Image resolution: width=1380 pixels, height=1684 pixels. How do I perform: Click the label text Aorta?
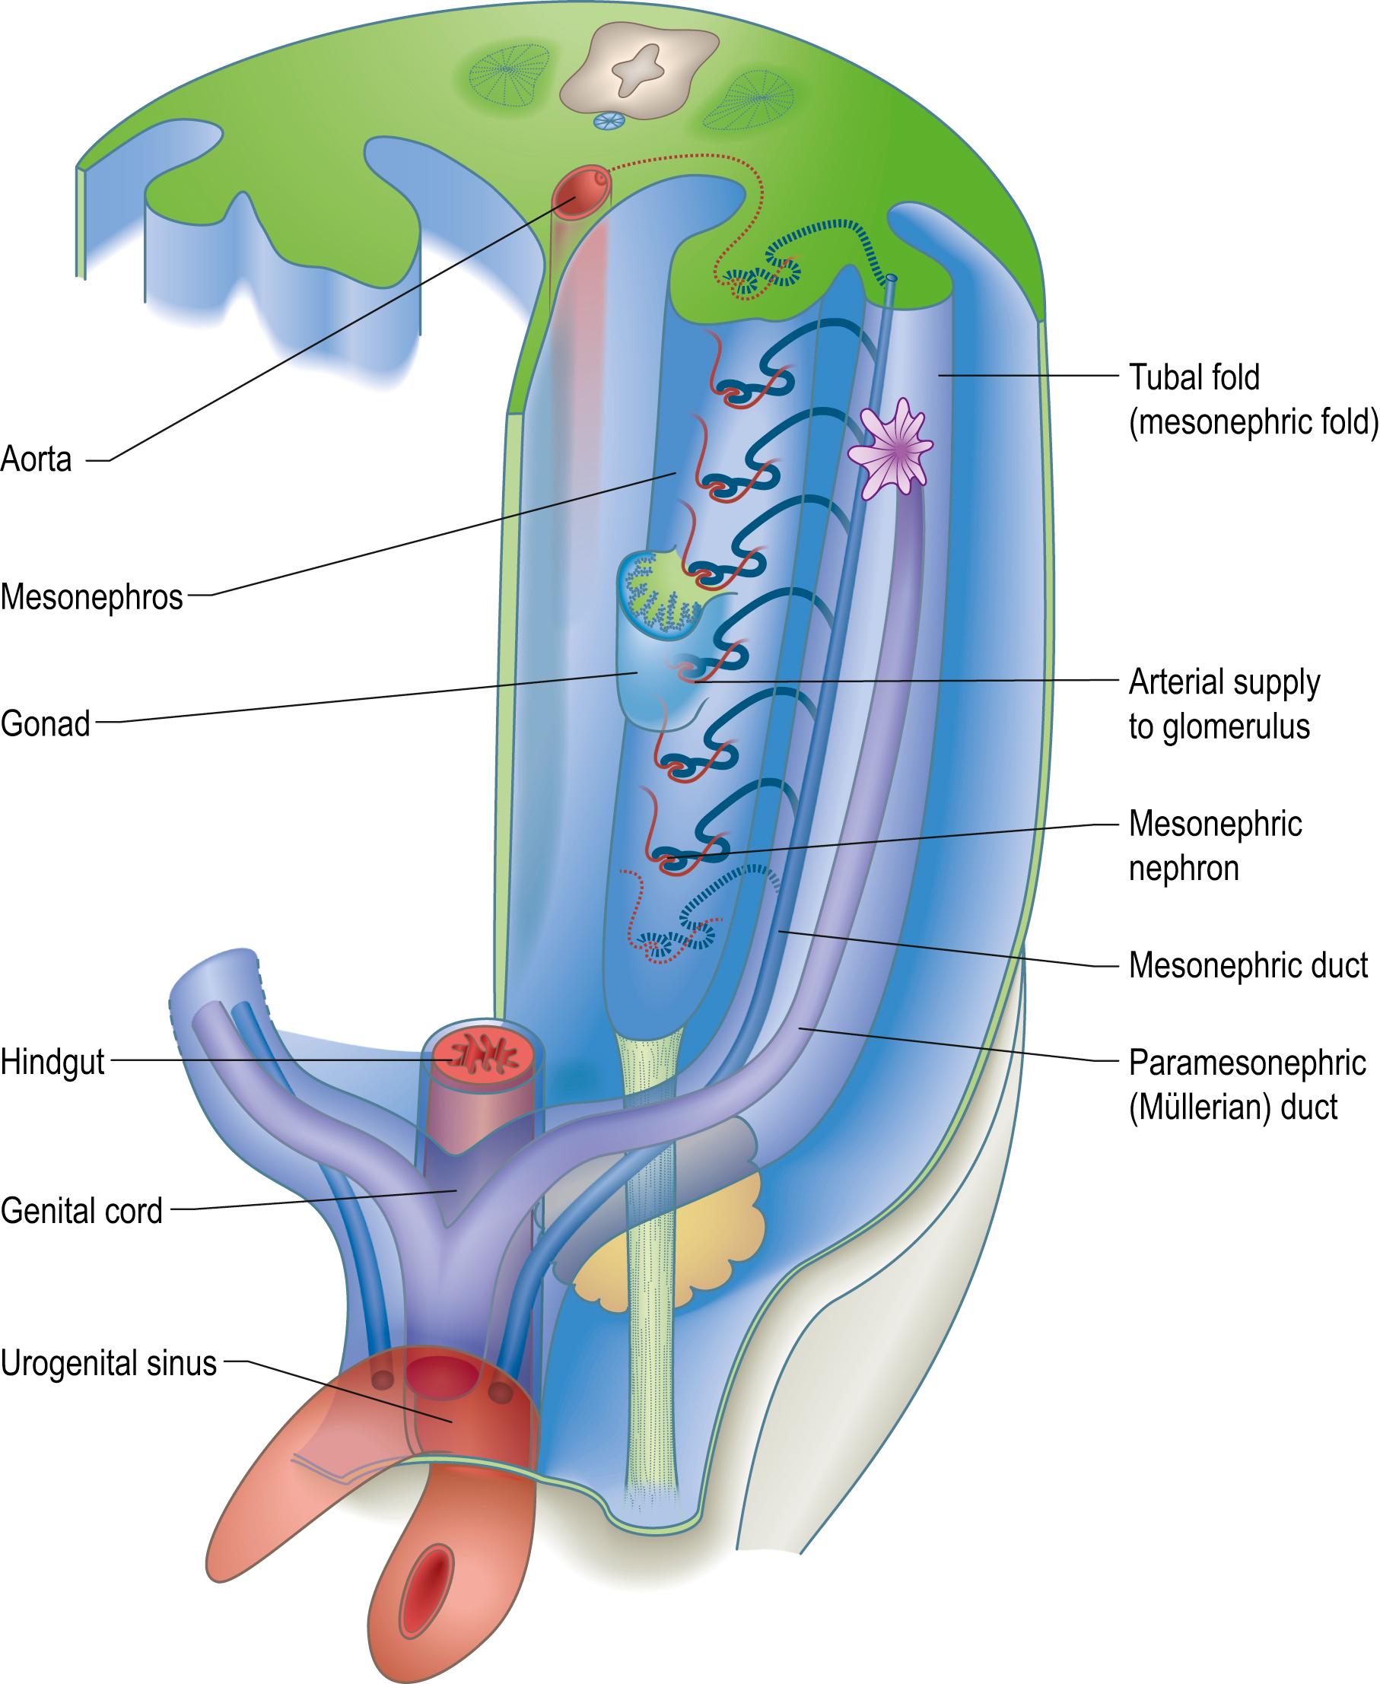click(x=37, y=459)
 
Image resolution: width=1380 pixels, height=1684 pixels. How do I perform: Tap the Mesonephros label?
click(x=91, y=597)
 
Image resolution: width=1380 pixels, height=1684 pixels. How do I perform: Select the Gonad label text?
click(x=46, y=723)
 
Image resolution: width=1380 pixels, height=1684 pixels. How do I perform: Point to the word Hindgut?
click(x=52, y=1062)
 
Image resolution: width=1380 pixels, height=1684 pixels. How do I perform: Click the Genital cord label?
click(x=82, y=1210)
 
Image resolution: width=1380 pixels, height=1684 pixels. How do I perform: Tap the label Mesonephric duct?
click(x=1249, y=965)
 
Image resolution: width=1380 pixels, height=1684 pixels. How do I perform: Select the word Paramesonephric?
click(x=1247, y=1063)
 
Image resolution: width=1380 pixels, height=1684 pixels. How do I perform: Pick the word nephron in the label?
click(x=1184, y=868)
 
